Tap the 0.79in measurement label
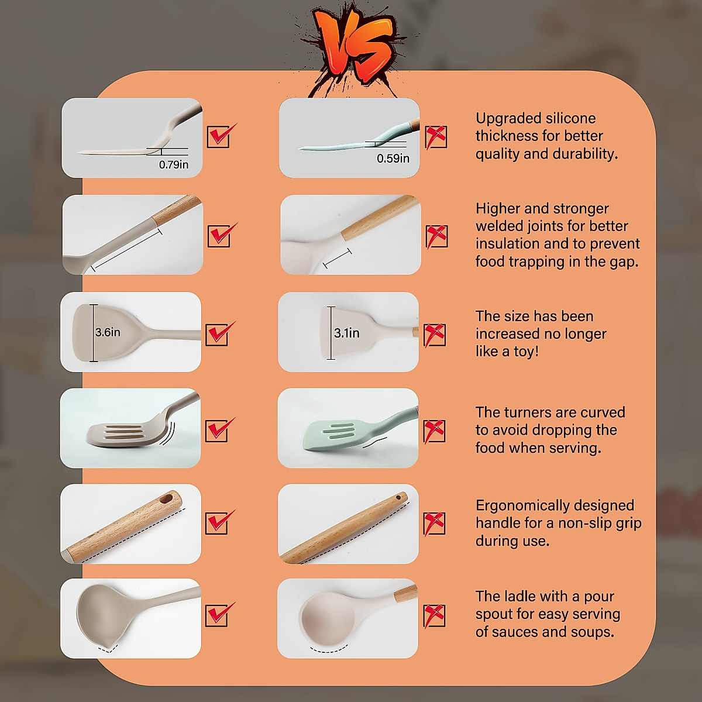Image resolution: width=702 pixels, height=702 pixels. point(174,165)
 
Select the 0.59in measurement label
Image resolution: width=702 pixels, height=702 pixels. point(393,159)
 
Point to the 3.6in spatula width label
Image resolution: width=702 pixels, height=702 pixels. point(108,332)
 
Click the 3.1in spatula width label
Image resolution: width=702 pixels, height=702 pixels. point(347,333)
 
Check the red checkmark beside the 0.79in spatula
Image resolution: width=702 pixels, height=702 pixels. point(221,136)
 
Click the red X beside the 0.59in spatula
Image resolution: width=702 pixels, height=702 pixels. point(436,137)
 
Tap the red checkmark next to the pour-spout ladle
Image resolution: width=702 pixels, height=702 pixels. point(220,615)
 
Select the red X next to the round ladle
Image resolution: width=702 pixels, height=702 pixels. point(435,616)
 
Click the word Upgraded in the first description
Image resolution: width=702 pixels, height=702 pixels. point(507,118)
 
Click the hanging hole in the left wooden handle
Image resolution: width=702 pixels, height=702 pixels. point(168,499)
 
